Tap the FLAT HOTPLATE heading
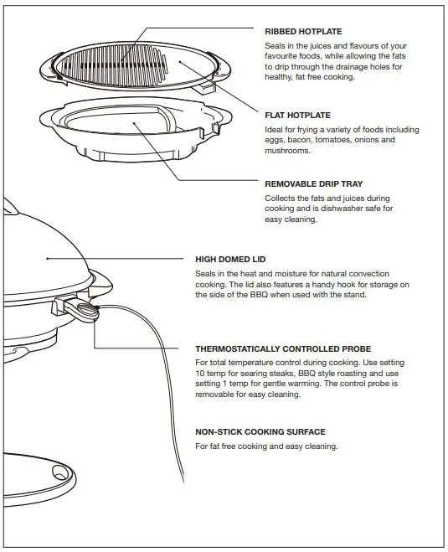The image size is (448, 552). pos(297,116)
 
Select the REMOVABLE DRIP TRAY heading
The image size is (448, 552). pos(313,183)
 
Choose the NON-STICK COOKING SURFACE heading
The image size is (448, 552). pos(260,432)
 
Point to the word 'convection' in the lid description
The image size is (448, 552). pos(386,274)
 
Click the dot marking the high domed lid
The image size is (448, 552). pos(47,260)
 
